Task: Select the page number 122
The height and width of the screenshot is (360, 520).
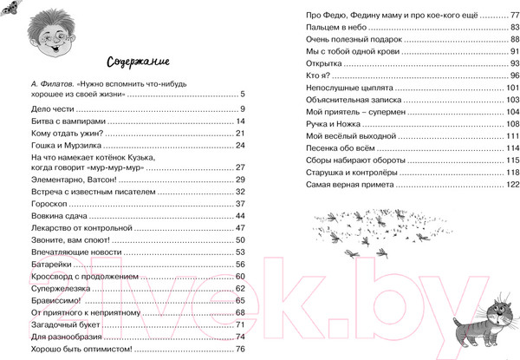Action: pos(510,185)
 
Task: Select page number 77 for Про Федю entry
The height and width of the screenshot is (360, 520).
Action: pos(513,16)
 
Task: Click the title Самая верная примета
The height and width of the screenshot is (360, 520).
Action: pos(351,185)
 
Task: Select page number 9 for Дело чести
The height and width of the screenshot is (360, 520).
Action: pos(245,109)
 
